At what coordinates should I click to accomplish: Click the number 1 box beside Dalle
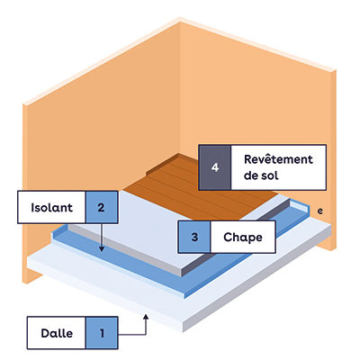[102, 333]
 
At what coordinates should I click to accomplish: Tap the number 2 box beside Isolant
[102, 207]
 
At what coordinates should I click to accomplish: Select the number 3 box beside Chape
[194, 237]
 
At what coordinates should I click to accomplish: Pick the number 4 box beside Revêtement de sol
[215, 167]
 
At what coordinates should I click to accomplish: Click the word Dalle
[57, 333]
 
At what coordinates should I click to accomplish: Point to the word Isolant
[51, 207]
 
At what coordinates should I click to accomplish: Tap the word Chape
[243, 238]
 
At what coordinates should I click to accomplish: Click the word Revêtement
[278, 159]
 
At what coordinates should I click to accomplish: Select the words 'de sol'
[261, 175]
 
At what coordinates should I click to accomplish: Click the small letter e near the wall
[320, 211]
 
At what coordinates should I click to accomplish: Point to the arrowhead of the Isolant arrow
[102, 249]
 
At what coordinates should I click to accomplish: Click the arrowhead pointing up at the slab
[146, 316]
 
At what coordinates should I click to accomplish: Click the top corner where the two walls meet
[180, 19]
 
